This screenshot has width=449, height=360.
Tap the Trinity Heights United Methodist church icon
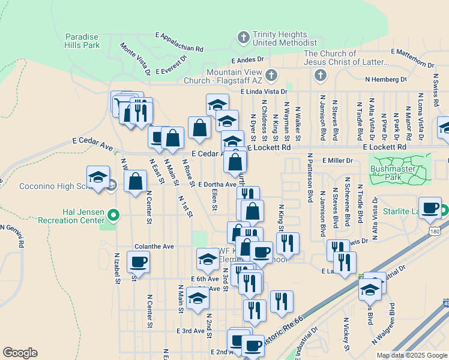pyautogui.click(x=244, y=38)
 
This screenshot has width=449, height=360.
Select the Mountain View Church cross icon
pyautogui.click(x=271, y=76)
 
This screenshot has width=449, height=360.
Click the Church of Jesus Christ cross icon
pyautogui.click(x=320, y=76)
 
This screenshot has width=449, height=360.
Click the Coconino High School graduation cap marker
pyautogui.click(x=98, y=178)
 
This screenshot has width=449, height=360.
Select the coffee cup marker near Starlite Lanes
pyautogui.click(x=430, y=208)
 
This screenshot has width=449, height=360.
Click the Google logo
pyautogui.click(x=20, y=352)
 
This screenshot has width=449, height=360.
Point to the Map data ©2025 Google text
pyautogui.click(x=411, y=355)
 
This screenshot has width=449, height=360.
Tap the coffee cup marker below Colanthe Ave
pyautogui.click(x=138, y=262)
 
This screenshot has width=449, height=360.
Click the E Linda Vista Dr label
pyautogui.click(x=264, y=91)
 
